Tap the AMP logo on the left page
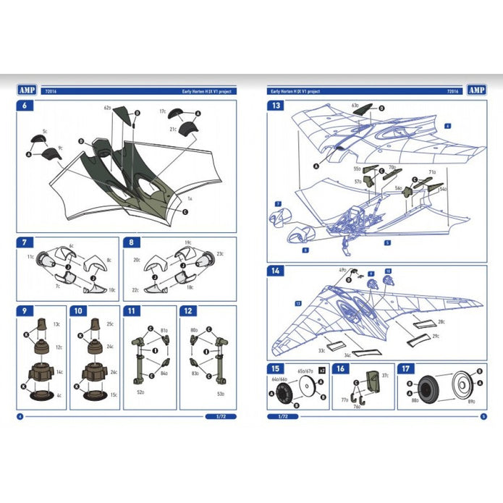coord(26,90)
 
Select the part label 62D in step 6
coord(107,108)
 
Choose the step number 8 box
coord(132,242)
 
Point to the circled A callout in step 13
coord(316,165)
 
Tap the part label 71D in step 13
coord(432,172)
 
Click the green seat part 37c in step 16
coord(372,379)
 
